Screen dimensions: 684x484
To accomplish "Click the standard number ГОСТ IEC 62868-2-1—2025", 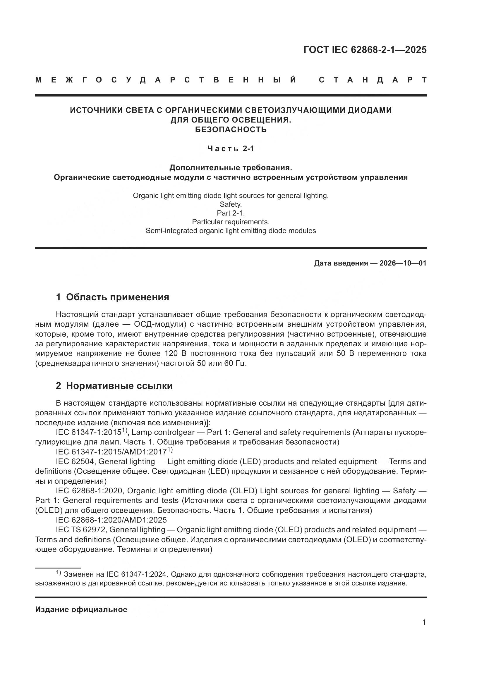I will click(365, 49).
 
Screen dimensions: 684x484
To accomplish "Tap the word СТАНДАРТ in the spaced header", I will click(373, 80).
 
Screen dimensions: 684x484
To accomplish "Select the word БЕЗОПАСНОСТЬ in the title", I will click(231, 130).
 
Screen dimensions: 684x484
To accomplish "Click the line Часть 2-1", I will click(231, 148).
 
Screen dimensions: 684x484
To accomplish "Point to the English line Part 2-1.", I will click(231, 213).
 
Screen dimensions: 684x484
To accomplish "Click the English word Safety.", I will click(230, 204).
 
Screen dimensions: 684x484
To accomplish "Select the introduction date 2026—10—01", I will click(403, 263).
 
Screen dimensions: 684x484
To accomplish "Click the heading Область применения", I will click(117, 297).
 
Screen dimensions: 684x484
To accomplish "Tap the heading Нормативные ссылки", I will click(119, 386).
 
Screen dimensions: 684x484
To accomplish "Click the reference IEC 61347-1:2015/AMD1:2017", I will click(111, 452).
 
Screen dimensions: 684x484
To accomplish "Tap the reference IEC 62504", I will click(75, 462).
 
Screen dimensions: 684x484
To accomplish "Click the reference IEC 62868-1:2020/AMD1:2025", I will click(111, 520).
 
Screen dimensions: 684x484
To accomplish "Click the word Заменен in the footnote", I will click(79, 574).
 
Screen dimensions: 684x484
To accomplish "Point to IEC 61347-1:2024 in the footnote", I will click(137, 574).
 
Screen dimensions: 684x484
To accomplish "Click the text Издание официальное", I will click(81, 609).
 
